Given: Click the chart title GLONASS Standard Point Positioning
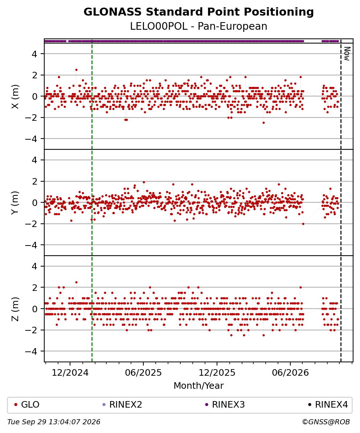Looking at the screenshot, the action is (199, 12).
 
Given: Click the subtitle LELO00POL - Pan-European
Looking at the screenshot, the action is (199, 26).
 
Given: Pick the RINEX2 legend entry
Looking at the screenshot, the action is (122, 405).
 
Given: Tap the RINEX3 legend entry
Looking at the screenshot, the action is (225, 405).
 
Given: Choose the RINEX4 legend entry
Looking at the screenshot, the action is (328, 405).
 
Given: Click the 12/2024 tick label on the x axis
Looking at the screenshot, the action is (70, 373).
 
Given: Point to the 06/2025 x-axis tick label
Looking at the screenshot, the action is (143, 373).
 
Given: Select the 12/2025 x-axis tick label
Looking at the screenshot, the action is (217, 373).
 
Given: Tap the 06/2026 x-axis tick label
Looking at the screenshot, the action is (290, 373).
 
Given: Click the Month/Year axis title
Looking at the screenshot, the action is (199, 385).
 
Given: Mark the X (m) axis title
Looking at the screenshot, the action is (15, 96).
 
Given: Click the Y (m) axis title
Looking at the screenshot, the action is (15, 202).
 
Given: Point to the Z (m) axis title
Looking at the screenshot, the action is (15, 309).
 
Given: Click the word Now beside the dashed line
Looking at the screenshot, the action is (347, 54).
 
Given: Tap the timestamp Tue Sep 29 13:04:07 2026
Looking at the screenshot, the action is (54, 422).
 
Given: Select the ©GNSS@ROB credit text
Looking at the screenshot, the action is (326, 422).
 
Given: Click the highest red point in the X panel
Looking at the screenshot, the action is (76, 70).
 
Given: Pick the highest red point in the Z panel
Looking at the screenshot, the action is (76, 282).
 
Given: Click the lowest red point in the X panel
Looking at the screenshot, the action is (263, 123).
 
